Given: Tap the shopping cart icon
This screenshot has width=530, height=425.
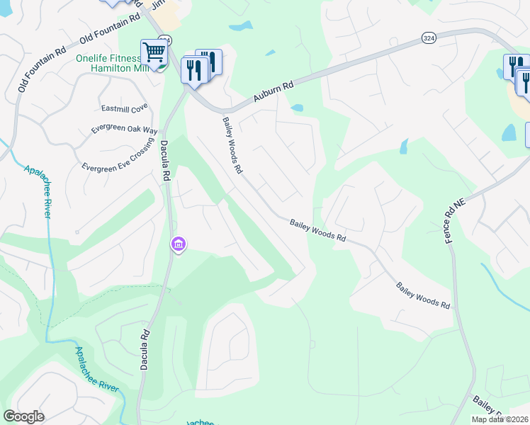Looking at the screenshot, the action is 153,52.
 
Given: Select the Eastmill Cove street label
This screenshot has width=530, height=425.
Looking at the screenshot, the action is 124,108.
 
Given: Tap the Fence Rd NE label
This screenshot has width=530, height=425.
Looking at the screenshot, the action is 454,221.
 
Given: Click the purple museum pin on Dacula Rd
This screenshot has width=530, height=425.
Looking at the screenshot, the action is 178,245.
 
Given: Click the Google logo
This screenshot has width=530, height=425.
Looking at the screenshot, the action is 23,416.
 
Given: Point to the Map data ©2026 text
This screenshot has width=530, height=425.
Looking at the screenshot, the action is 500,419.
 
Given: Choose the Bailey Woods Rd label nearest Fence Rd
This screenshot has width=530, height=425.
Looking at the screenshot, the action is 423,295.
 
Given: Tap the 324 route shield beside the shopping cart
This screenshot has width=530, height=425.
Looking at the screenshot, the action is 165,40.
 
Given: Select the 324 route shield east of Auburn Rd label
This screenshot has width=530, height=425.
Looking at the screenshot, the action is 428,37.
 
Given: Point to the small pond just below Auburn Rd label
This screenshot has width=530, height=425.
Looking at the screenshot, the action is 297,108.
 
